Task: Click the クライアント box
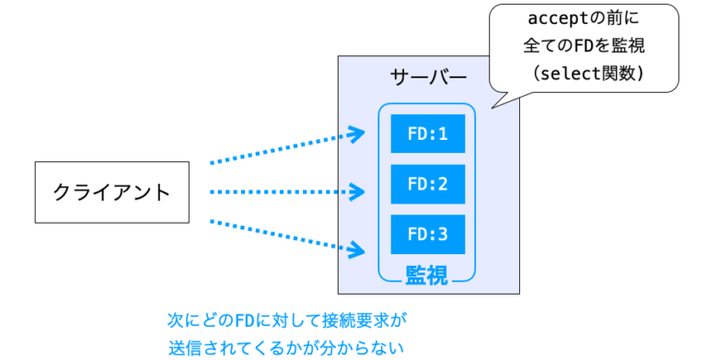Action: [111, 192]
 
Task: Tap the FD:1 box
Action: [427, 134]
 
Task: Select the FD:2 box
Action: [427, 184]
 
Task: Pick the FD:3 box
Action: [427, 234]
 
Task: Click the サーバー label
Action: [428, 76]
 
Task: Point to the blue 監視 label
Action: [426, 274]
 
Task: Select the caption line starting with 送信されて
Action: [286, 348]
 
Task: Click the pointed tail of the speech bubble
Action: [495, 104]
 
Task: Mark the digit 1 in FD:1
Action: [443, 134]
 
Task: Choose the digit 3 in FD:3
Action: [443, 234]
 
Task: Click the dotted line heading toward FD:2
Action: [276, 192]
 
